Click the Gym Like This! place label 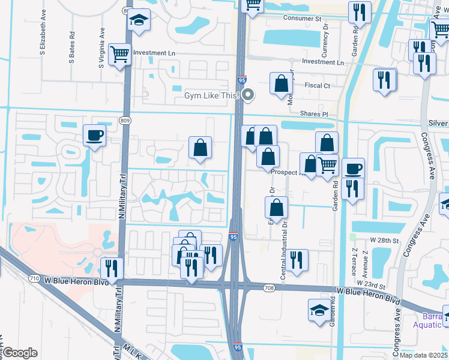tap(211, 96)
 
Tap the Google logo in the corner tap(20, 353)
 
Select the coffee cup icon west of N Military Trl tap(94, 136)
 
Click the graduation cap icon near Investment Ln tap(139, 20)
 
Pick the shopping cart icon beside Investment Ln tap(120, 54)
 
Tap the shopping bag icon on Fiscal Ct tap(281, 83)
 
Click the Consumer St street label tap(302, 19)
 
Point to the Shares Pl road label tap(315, 113)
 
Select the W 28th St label tap(385, 240)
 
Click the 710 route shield tap(34, 278)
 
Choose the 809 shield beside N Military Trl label tap(125, 121)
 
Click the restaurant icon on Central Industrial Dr tap(297, 260)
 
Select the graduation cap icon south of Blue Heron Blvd tap(319, 310)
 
